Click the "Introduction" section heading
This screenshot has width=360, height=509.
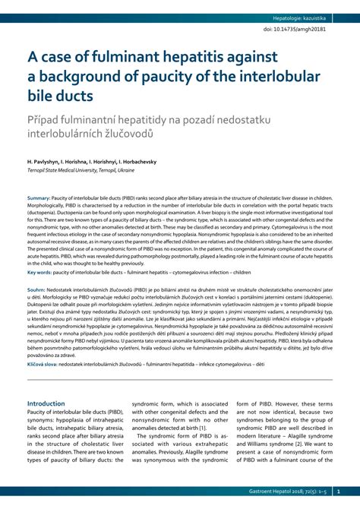point(46,403)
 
